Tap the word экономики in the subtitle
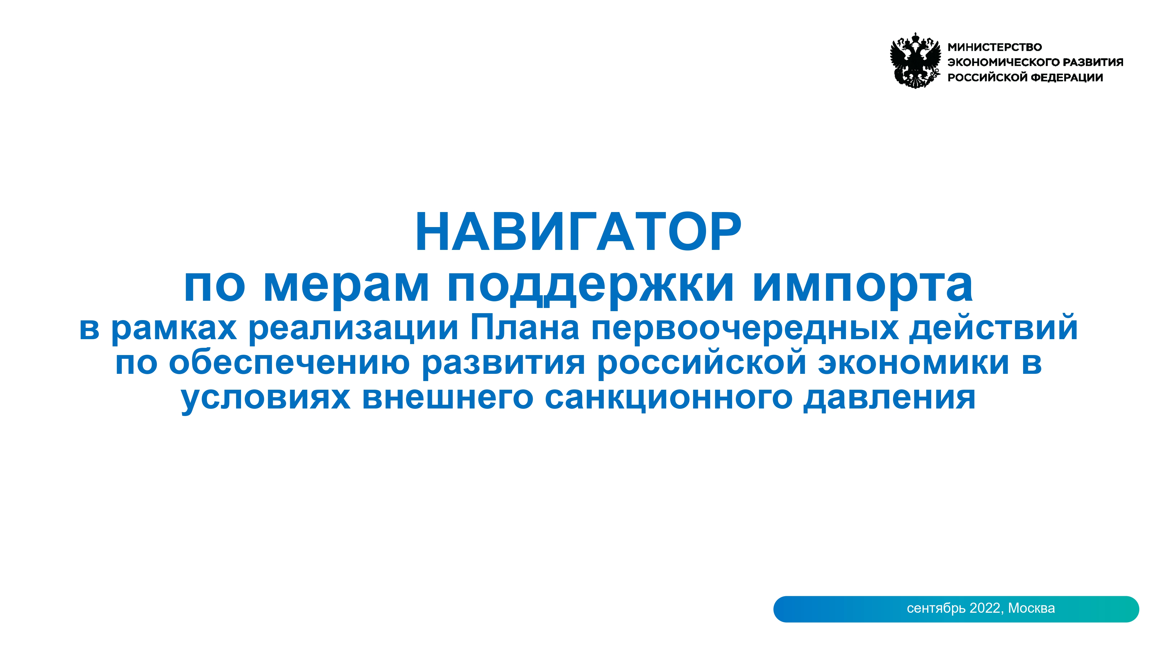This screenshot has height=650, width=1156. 914,363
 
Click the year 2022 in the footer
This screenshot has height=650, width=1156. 985,608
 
